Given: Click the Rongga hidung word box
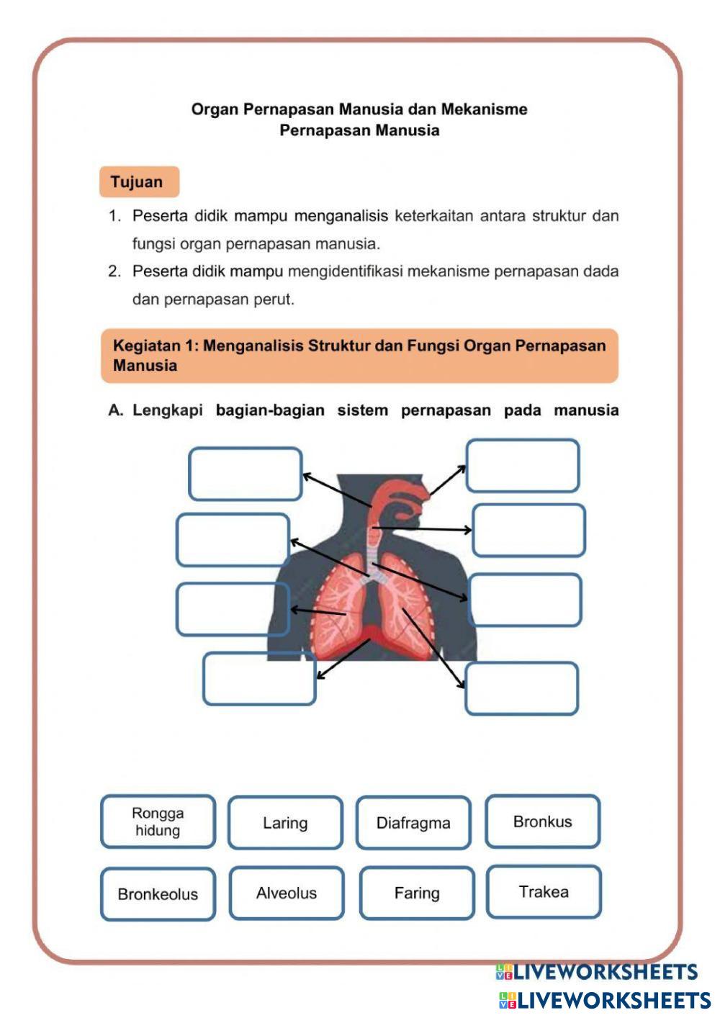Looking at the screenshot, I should (158, 821).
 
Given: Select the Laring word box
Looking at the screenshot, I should (285, 822).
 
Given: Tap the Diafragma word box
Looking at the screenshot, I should (413, 822).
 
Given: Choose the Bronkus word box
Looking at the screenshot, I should (542, 821).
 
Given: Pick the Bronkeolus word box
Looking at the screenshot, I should (158, 893).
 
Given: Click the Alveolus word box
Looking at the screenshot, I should (287, 893).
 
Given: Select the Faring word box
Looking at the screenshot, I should (417, 893).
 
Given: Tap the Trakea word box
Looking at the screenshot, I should (544, 892).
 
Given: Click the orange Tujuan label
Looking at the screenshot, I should (138, 182).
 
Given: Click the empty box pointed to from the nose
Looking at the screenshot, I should (523, 466).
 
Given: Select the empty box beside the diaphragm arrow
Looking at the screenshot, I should (259, 678).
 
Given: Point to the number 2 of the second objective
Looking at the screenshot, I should (113, 271).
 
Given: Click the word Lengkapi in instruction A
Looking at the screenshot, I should (167, 410).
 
